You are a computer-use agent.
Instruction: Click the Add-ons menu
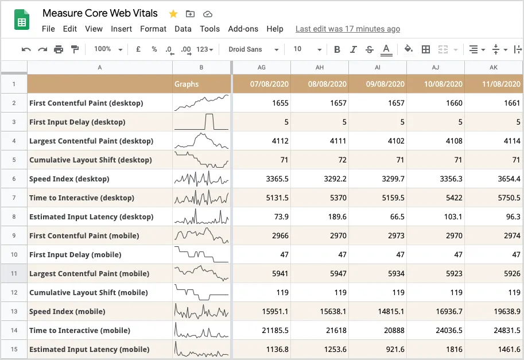point(243,29)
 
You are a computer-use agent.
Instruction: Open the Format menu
point(153,29)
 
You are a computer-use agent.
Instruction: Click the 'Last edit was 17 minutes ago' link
point(347,29)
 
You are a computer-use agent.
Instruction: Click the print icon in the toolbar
point(58,49)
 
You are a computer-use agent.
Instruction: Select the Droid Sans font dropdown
point(253,49)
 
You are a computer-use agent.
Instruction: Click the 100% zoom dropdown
point(108,49)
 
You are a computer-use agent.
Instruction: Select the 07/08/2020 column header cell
point(262,84)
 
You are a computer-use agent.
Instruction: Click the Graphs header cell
point(201,84)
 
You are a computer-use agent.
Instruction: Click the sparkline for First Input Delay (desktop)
point(201,122)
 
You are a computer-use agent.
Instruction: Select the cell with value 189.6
point(320,216)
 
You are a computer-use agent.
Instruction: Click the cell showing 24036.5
point(436,330)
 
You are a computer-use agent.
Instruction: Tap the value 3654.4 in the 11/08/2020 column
point(494,179)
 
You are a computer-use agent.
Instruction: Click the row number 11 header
point(14,273)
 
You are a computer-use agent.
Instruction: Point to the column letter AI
point(378,68)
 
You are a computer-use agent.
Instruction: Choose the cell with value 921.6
point(378,349)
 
